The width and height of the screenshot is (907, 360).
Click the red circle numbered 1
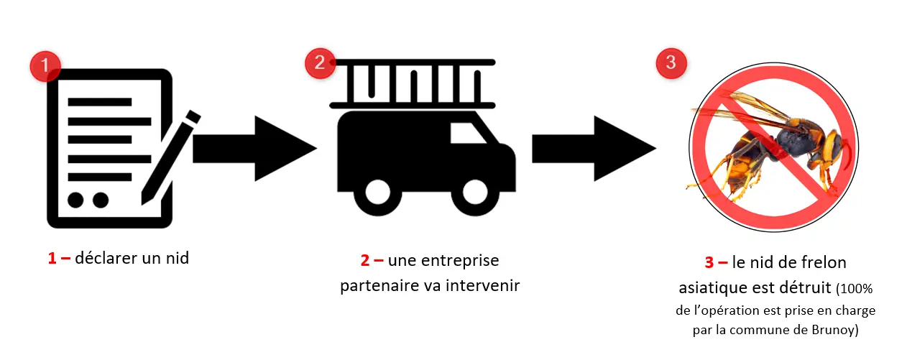(46, 66)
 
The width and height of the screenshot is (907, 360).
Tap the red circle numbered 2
(320, 64)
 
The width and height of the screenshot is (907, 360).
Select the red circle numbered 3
(671, 63)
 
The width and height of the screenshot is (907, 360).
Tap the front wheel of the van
(477, 193)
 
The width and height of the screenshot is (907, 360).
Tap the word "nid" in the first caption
(176, 258)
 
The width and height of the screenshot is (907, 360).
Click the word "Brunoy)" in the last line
(836, 331)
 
